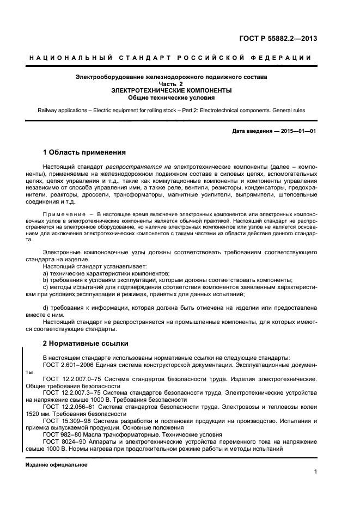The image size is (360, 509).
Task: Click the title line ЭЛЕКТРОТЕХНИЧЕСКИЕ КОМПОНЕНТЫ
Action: (171, 90)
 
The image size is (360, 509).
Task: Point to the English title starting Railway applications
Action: (171, 111)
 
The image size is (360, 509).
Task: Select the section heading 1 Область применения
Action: (84, 152)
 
